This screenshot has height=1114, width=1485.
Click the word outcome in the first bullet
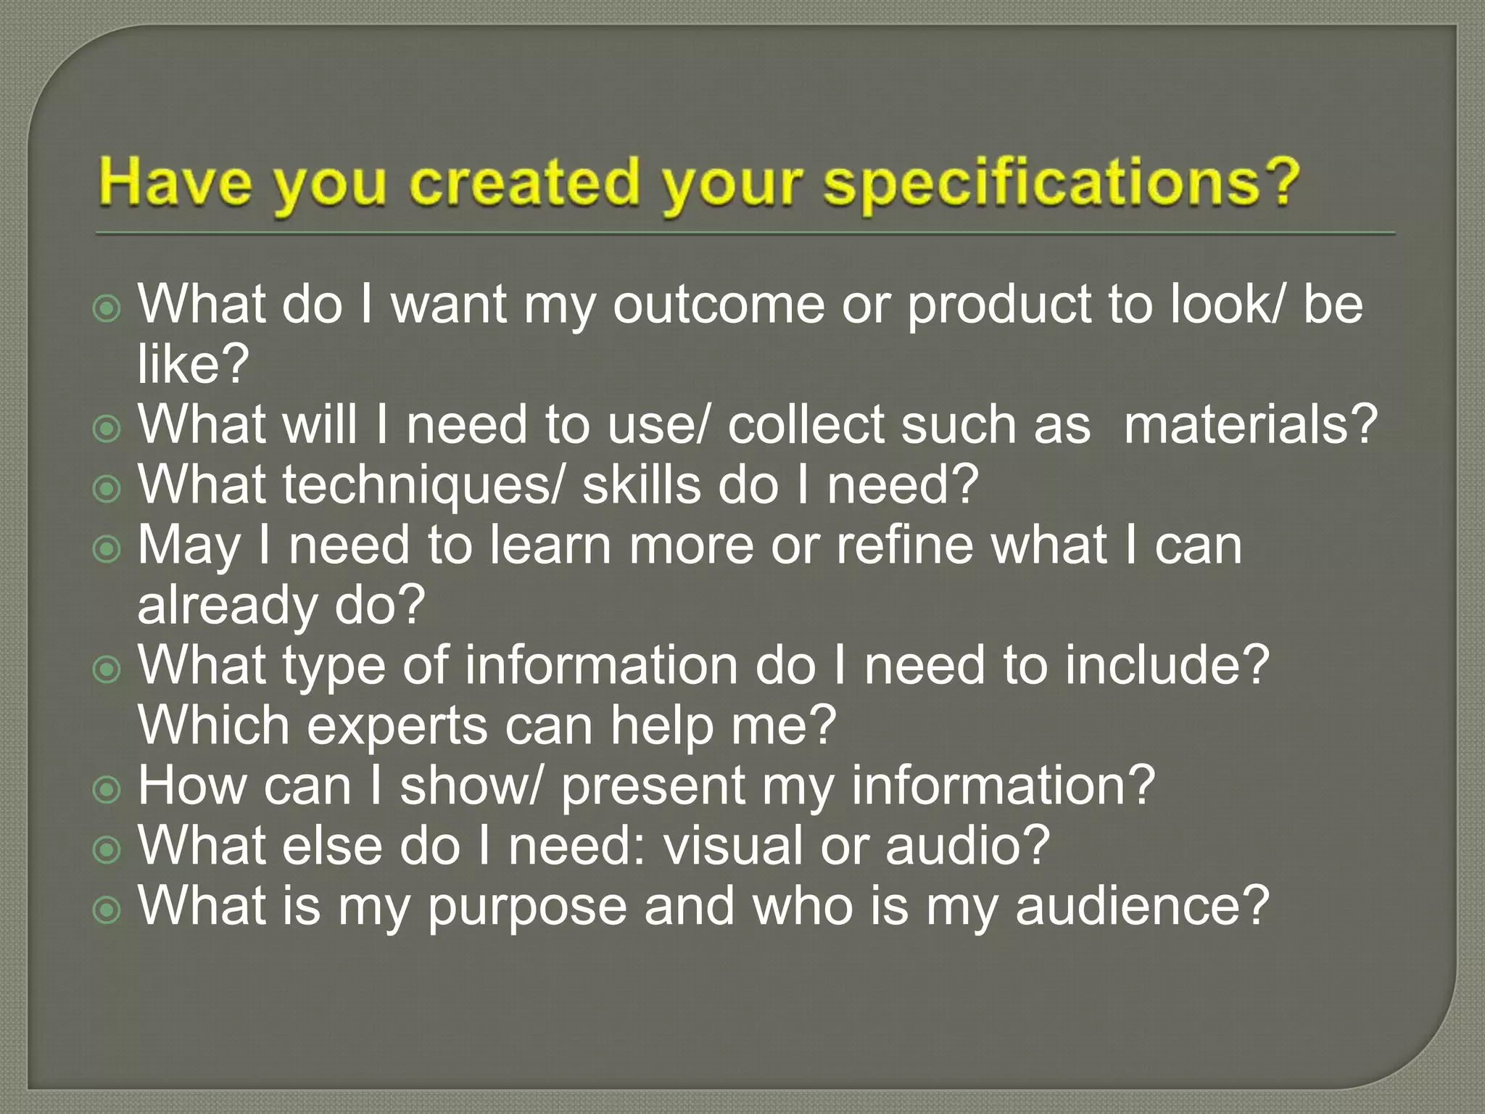pyautogui.click(x=718, y=305)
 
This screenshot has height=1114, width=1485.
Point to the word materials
pyautogui.click(x=1250, y=425)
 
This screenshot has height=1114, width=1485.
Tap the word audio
pyautogui.click(x=967, y=846)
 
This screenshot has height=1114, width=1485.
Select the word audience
pyautogui.click(x=1142, y=907)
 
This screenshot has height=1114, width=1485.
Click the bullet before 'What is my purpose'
pyautogui.click(x=107, y=909)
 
